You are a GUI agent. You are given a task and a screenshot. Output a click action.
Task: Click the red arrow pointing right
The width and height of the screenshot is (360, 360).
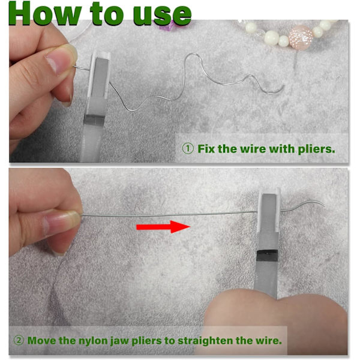pyautogui.click(x=163, y=227)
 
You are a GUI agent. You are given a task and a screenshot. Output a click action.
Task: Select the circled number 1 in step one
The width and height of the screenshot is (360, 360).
pyautogui.click(x=188, y=149)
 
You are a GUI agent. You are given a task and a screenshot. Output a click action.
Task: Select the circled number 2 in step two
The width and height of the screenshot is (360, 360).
pyautogui.click(x=19, y=340)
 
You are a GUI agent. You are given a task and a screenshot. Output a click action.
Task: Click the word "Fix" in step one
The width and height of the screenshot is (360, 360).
pyautogui.click(x=206, y=149)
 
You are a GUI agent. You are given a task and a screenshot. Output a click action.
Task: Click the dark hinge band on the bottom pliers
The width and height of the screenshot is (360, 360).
pyautogui.click(x=267, y=256)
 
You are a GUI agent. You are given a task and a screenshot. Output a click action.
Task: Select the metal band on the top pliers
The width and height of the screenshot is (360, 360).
pyautogui.click(x=94, y=119)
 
